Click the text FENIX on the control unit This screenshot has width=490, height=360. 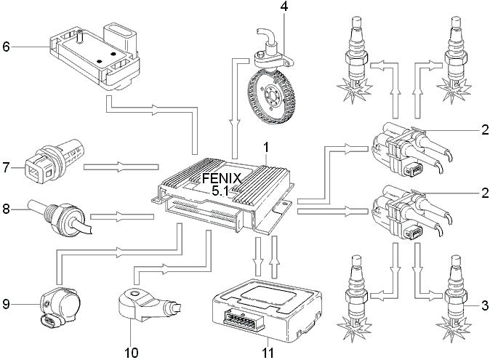tap(222, 178)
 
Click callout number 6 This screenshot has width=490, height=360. tap(7, 47)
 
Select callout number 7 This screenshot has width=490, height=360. tap(7, 167)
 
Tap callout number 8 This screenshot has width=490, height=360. tap(7, 209)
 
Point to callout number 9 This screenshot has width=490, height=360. tap(7, 304)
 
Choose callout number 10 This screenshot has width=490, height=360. tap(132, 353)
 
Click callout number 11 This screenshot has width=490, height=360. tap(268, 353)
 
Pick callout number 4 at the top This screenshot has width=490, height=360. tap(284, 7)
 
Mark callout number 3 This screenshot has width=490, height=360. tap(485, 305)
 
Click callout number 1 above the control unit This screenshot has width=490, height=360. tap(266, 148)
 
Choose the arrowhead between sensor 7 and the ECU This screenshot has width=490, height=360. tap(121, 167)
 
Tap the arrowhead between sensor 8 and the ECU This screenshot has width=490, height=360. tap(121, 216)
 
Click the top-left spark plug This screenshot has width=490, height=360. tap(356, 60)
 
